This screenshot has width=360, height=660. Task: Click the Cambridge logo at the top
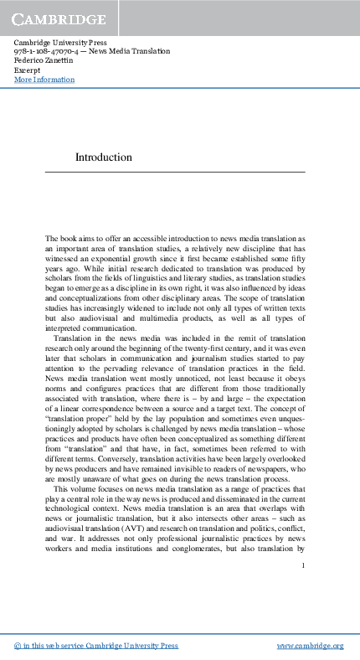[59, 18]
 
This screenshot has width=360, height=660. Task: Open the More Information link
[44, 80]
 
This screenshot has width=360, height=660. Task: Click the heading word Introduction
[104, 157]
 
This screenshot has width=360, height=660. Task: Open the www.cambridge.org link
[310, 646]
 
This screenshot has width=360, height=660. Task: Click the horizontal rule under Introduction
[190, 172]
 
